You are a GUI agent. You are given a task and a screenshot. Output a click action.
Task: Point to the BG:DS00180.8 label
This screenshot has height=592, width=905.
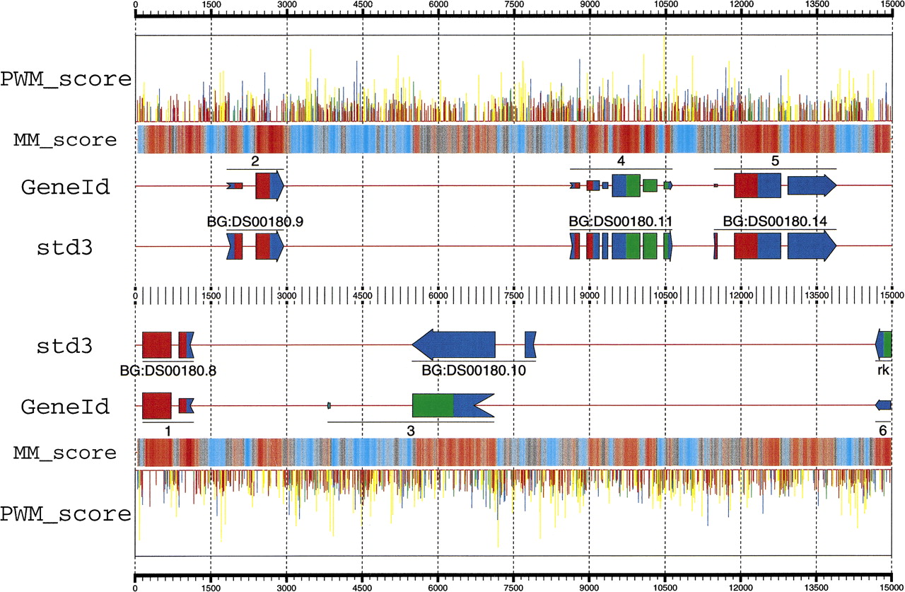click(x=168, y=369)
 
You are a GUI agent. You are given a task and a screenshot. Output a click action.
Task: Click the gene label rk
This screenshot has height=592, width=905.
click(x=882, y=369)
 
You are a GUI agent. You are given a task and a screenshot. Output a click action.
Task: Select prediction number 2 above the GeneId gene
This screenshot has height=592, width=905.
click(x=255, y=161)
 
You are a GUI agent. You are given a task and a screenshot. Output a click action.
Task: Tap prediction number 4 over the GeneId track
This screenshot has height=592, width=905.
click(x=620, y=161)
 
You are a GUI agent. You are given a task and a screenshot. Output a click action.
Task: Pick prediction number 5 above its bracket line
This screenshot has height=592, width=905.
click(x=775, y=161)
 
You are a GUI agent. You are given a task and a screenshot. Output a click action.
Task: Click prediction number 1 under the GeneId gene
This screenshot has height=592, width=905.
click(x=168, y=429)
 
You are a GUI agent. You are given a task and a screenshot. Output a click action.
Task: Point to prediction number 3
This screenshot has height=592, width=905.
click(x=411, y=430)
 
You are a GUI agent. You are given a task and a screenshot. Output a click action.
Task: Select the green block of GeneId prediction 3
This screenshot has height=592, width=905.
click(x=432, y=405)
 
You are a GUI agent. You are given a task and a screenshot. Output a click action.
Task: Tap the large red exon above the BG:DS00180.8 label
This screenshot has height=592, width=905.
click(x=156, y=344)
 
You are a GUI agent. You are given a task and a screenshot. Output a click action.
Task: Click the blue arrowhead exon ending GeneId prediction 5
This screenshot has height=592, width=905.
click(x=811, y=185)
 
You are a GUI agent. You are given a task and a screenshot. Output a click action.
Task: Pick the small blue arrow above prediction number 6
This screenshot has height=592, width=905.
click(x=883, y=405)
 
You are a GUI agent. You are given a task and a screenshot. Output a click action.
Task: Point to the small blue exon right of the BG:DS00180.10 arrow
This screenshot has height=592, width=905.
click(x=530, y=344)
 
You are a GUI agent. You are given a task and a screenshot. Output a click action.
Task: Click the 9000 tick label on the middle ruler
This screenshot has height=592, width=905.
click(x=589, y=294)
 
